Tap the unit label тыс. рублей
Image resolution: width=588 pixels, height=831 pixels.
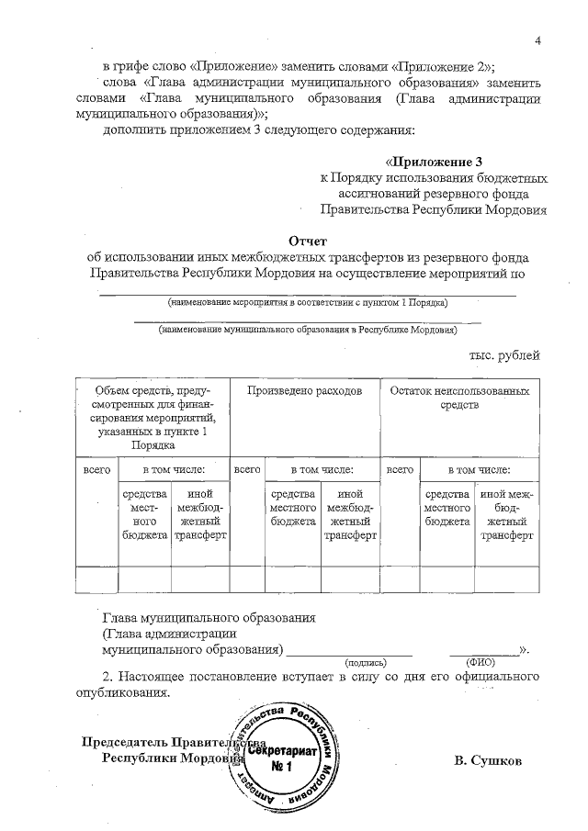[505, 354]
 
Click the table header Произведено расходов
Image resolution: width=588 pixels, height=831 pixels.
[304, 390]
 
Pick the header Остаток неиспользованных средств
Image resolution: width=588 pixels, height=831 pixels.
[459, 397]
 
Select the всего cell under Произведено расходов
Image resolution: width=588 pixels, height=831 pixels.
[246, 469]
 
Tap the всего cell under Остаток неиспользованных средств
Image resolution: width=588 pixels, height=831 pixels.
[399, 469]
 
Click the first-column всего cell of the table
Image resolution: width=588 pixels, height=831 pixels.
[96, 469]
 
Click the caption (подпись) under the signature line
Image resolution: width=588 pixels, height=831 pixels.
[366, 662]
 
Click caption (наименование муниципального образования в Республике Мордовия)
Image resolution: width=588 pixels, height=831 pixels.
[307, 329]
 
